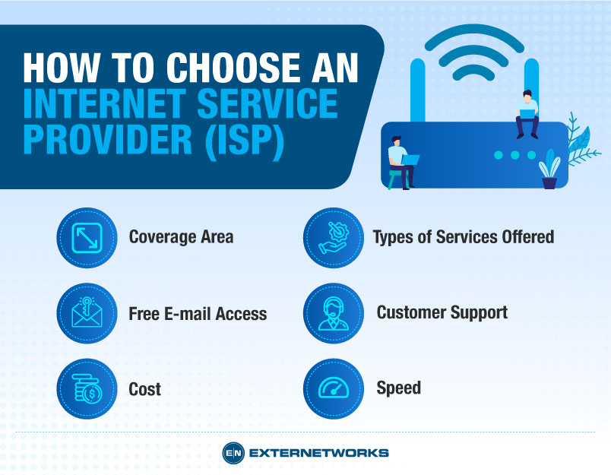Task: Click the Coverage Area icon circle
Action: click(87, 237)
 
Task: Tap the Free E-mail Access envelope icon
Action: click(87, 313)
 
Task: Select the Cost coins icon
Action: click(87, 389)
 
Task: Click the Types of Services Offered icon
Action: click(333, 237)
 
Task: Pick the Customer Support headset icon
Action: click(333, 313)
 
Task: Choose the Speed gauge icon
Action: click(333, 389)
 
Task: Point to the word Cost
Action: click(144, 390)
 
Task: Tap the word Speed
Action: click(398, 388)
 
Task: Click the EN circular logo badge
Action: click(232, 452)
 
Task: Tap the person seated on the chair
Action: click(400, 160)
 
